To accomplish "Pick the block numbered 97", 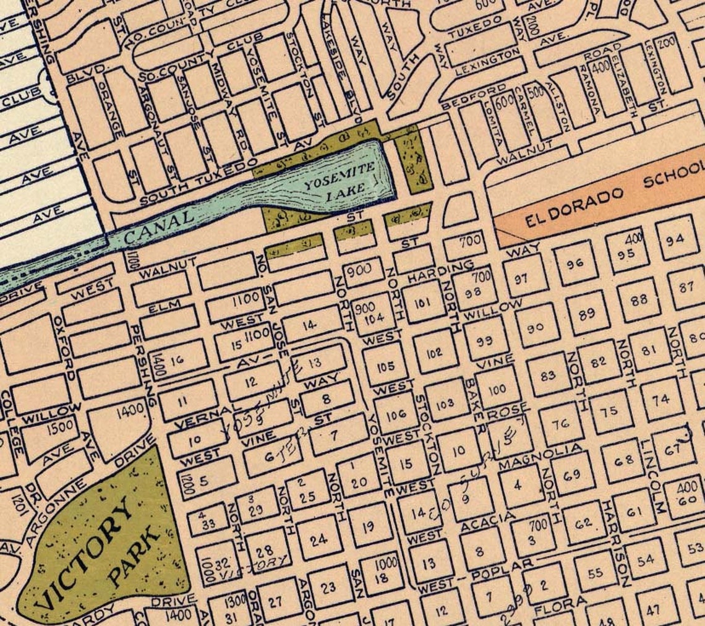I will coord(521,278).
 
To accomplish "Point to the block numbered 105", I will coord(385,366).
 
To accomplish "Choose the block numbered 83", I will coord(547,374).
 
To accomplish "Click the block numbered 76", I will coord(560,424).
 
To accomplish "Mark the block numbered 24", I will coord(318,540).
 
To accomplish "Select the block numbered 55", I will coord(595,573).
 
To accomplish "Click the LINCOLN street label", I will coord(654,476).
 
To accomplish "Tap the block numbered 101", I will coord(422,302).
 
